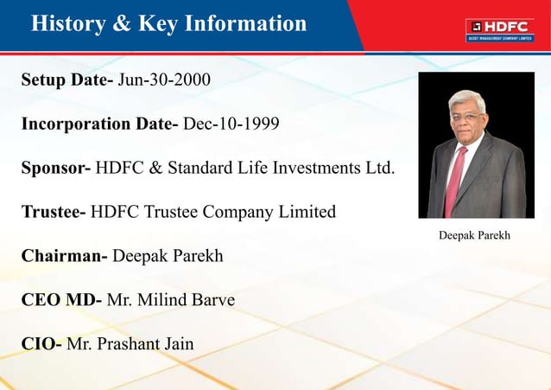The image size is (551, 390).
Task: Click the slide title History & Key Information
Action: tap(168, 23)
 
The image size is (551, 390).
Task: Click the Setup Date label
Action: tap(66, 80)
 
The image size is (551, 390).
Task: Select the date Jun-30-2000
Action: tap(164, 80)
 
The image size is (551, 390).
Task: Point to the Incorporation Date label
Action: tap(99, 125)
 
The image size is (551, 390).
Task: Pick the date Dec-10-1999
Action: tap(231, 125)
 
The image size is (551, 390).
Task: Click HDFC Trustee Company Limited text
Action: tap(213, 212)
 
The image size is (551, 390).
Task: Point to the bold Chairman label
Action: tap(63, 256)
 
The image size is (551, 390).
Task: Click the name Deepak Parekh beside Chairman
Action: tap(167, 256)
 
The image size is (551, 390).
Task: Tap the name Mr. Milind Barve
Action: tap(171, 300)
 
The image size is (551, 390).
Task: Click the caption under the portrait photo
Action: tap(475, 233)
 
